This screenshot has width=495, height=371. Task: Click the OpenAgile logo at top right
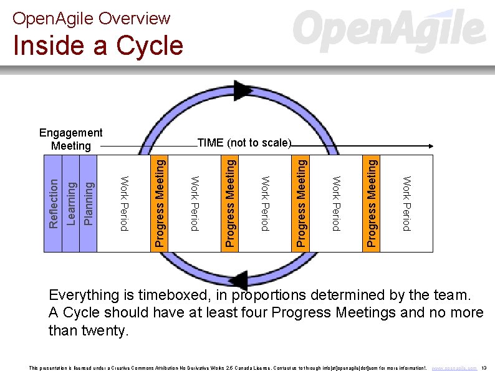coord(389,30)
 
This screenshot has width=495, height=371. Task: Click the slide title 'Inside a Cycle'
coord(98,46)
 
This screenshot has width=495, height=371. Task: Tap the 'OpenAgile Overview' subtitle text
coord(91,18)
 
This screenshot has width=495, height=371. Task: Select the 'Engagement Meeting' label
coord(70,139)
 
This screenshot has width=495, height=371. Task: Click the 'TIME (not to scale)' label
coord(244,143)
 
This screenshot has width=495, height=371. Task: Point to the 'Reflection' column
coord(54,203)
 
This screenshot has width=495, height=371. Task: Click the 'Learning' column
coord(71,203)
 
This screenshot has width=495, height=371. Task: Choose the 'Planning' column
coord(89,203)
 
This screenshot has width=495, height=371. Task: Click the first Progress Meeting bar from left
coord(160,203)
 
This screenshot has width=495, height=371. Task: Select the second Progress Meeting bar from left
coord(230,203)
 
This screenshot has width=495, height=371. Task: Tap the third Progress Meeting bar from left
coord(300,203)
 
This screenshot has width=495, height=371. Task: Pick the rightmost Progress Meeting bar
coord(372,203)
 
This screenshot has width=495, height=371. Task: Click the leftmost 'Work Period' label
coord(124,203)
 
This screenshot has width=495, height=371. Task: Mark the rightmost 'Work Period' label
coord(406,203)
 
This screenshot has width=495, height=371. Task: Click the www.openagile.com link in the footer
coord(454,368)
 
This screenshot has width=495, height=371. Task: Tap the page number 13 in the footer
coord(484,368)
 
